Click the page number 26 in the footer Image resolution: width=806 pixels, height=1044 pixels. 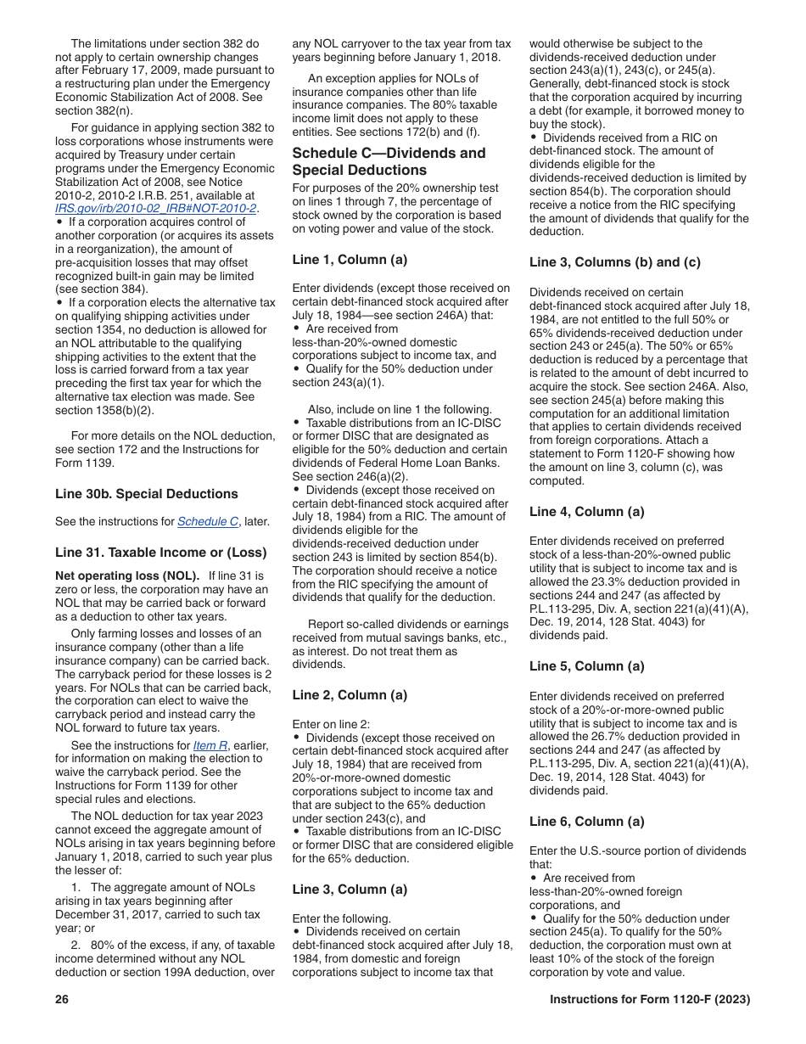[61, 999]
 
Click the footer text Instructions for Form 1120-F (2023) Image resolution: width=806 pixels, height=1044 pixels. [650, 999]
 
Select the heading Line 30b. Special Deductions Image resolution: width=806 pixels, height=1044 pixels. [147, 494]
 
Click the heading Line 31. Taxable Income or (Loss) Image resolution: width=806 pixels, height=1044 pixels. [161, 552]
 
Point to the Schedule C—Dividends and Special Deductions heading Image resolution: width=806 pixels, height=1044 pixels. [389, 161]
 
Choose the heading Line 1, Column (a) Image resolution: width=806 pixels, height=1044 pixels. [350, 259]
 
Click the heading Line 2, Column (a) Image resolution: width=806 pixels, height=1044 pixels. [350, 694]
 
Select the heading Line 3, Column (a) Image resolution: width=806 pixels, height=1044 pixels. [350, 890]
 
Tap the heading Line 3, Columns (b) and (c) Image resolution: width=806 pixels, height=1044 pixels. [615, 262]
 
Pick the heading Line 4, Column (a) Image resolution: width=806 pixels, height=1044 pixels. [587, 511]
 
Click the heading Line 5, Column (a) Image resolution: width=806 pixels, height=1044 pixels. [587, 666]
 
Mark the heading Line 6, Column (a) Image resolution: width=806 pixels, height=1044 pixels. [587, 822]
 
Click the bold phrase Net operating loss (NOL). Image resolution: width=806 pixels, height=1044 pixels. [127, 575]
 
